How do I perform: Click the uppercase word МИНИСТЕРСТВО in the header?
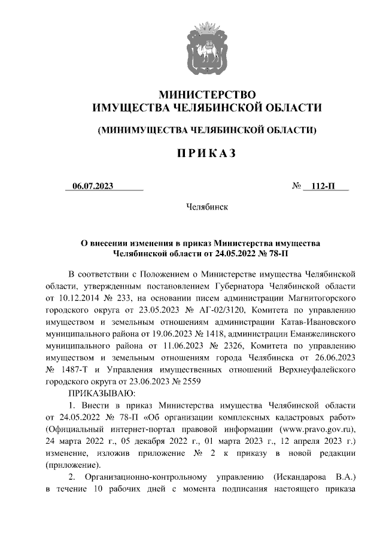[x=206, y=94]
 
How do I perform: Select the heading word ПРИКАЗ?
[x=206, y=154]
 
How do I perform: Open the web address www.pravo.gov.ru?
[x=315, y=429]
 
